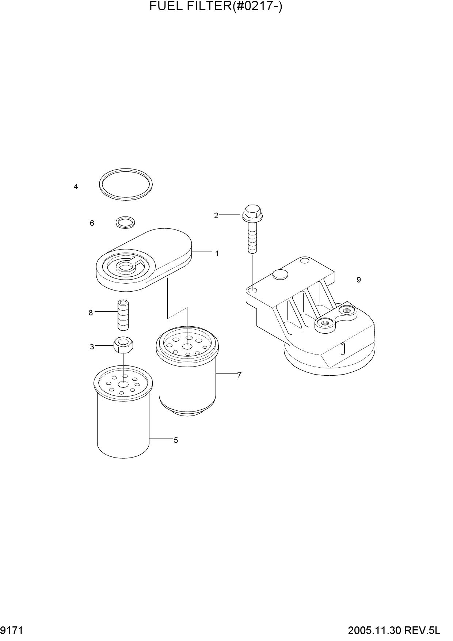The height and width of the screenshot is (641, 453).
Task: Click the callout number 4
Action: (x=76, y=187)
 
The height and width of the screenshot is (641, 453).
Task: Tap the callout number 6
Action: (x=92, y=223)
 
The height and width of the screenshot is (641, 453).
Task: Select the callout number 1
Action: (x=217, y=253)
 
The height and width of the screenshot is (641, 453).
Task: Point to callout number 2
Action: (x=216, y=216)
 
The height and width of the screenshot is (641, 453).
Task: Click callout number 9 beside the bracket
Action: (x=359, y=280)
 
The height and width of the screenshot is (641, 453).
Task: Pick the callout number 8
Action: (x=91, y=313)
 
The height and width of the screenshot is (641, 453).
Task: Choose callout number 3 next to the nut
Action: (x=92, y=347)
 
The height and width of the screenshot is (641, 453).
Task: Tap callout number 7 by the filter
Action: (x=239, y=375)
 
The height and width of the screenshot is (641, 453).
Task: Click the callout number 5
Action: (x=176, y=440)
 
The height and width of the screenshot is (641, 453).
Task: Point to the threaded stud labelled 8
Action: (x=123, y=315)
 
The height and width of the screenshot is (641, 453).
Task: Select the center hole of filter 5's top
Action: (x=123, y=384)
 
